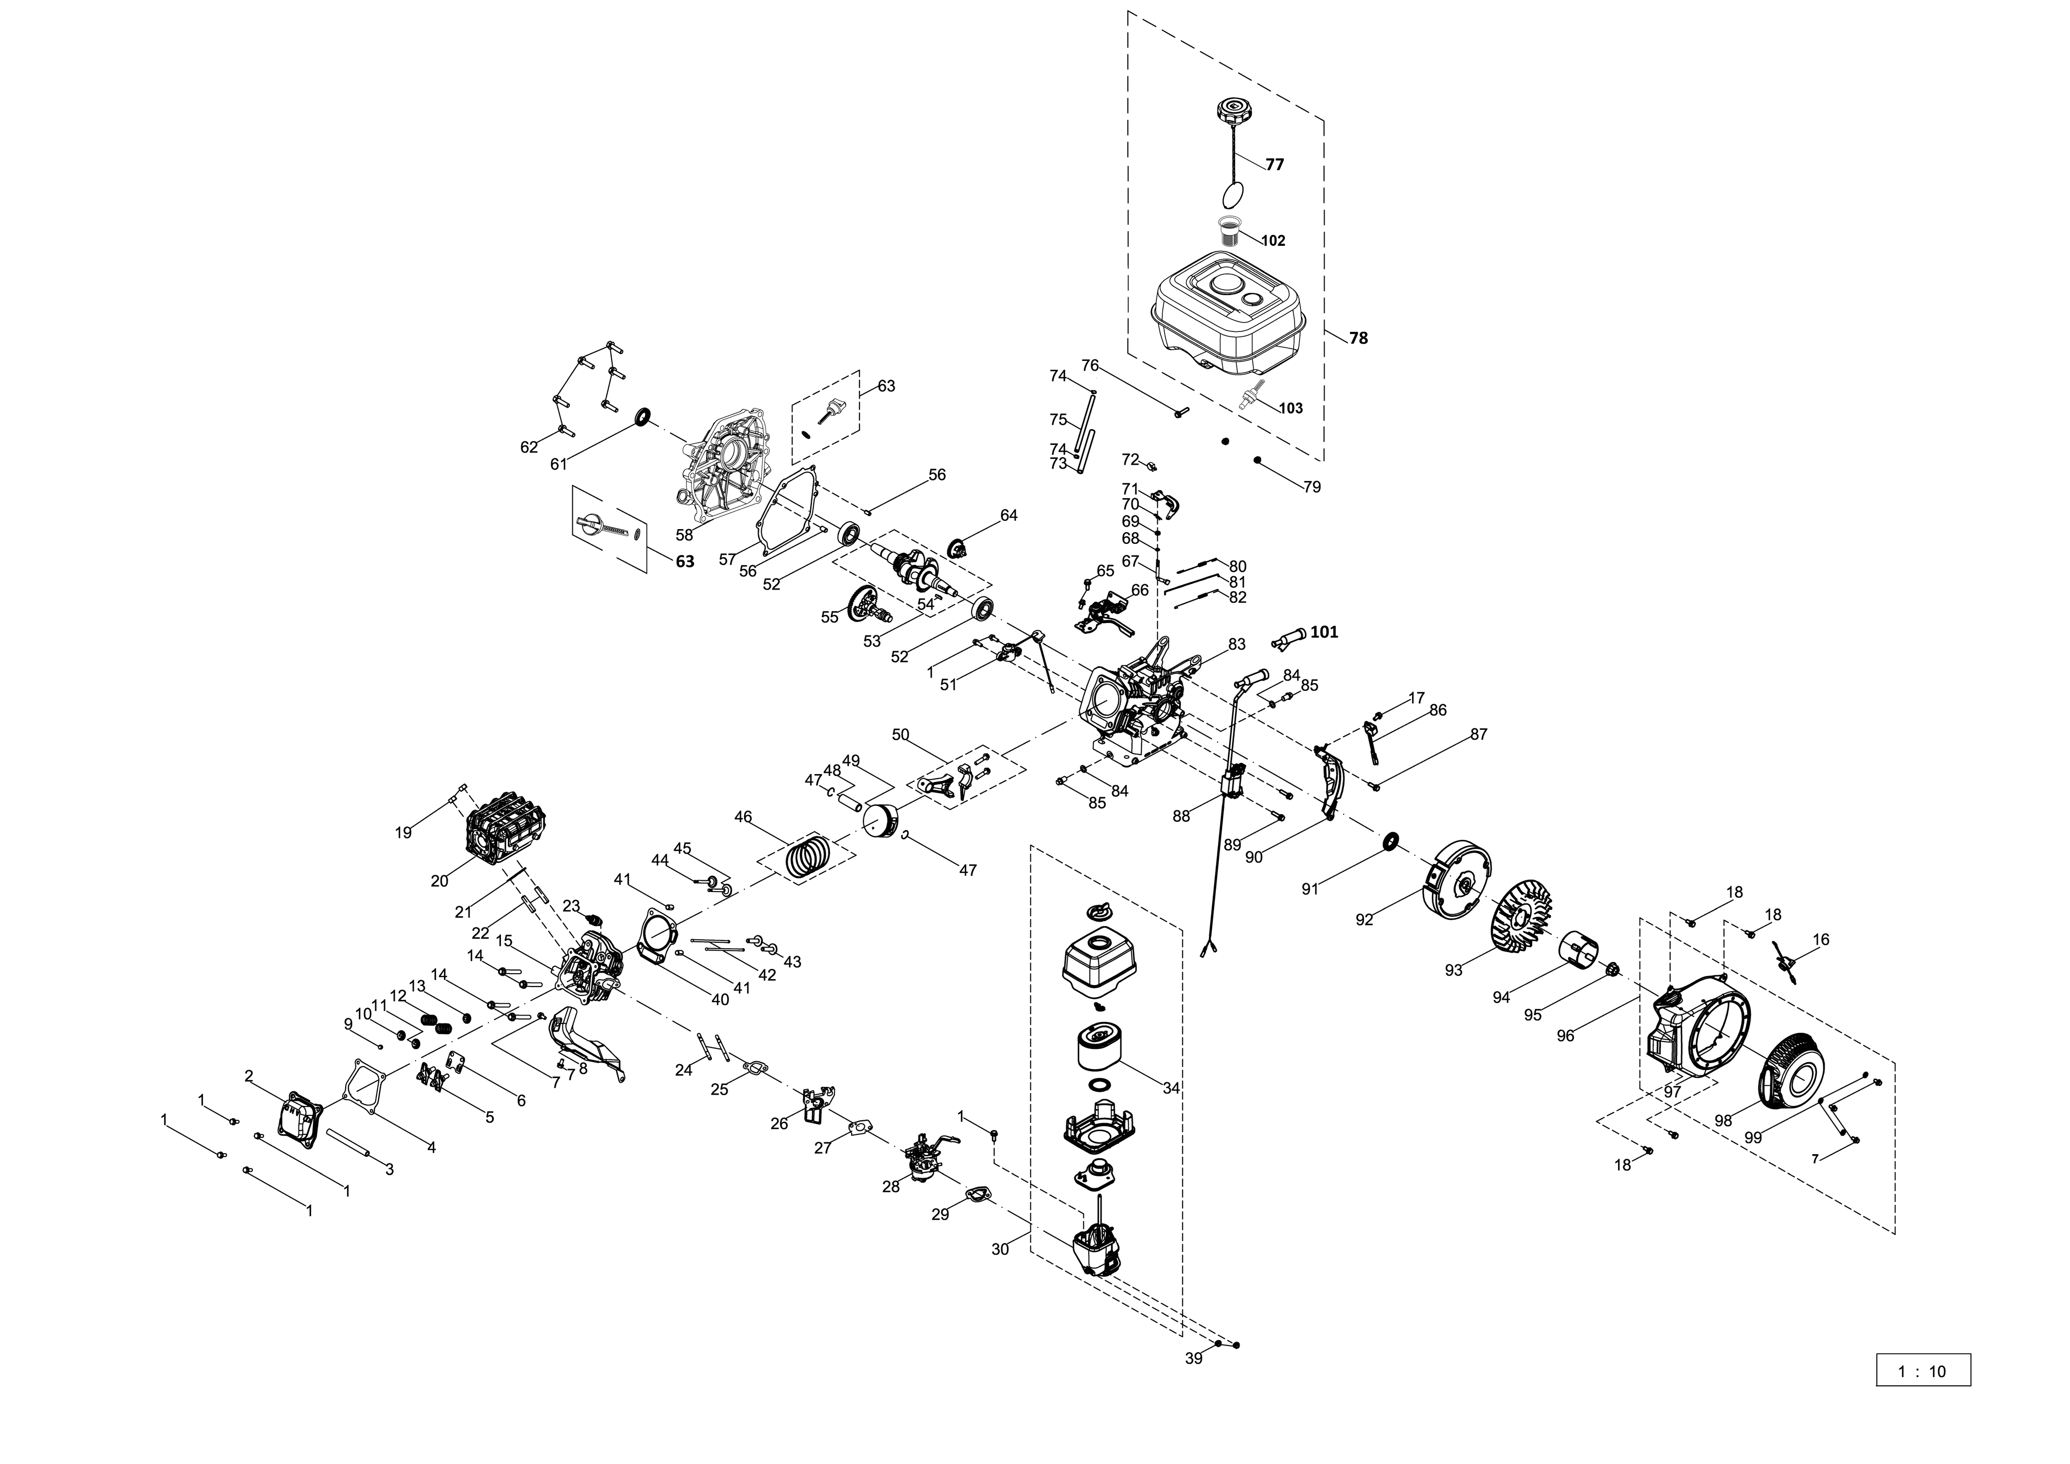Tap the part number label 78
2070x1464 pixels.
(x=1358, y=338)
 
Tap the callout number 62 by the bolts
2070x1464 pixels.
(x=529, y=447)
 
